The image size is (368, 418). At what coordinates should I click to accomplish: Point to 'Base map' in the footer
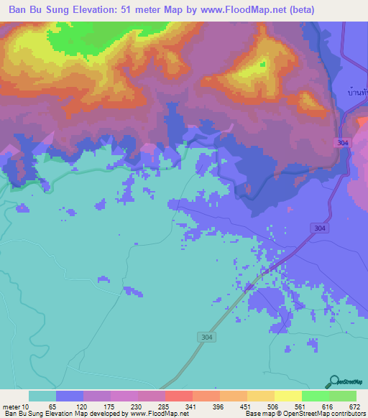click(257, 413)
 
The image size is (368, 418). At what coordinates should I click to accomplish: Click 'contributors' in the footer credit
click(346, 413)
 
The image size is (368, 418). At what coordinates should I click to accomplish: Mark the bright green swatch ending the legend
click(342, 396)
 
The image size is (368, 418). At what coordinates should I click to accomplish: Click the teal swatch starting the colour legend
click(42, 396)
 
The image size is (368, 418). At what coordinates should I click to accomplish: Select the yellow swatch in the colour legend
click(287, 396)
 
